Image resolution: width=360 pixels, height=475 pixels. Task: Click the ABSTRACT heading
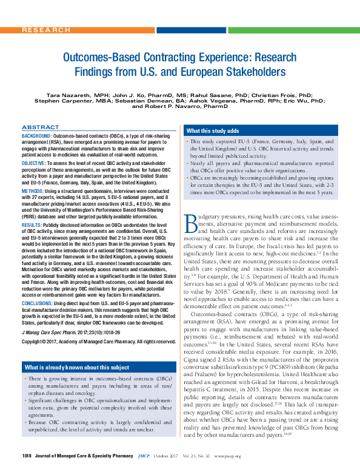(40, 127)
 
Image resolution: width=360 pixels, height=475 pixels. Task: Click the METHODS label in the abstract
(33, 190)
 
